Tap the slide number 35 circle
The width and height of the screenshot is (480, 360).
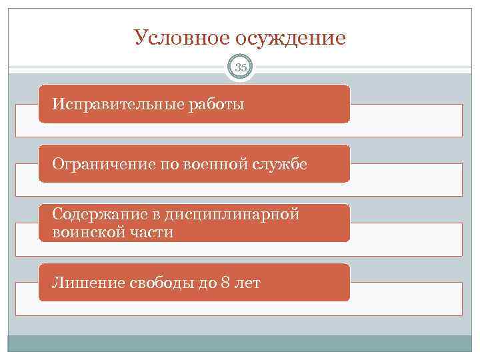[x=240, y=67]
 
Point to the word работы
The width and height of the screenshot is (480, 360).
[x=217, y=105]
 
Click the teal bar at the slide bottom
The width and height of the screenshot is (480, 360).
[x=240, y=343]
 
